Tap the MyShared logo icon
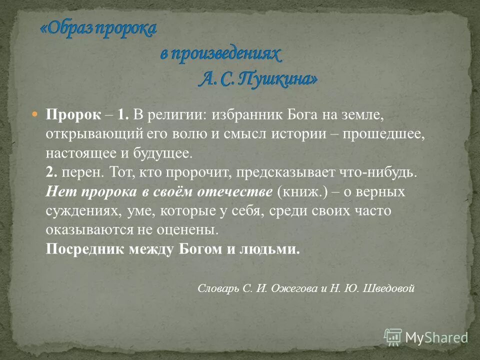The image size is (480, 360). [393, 336]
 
